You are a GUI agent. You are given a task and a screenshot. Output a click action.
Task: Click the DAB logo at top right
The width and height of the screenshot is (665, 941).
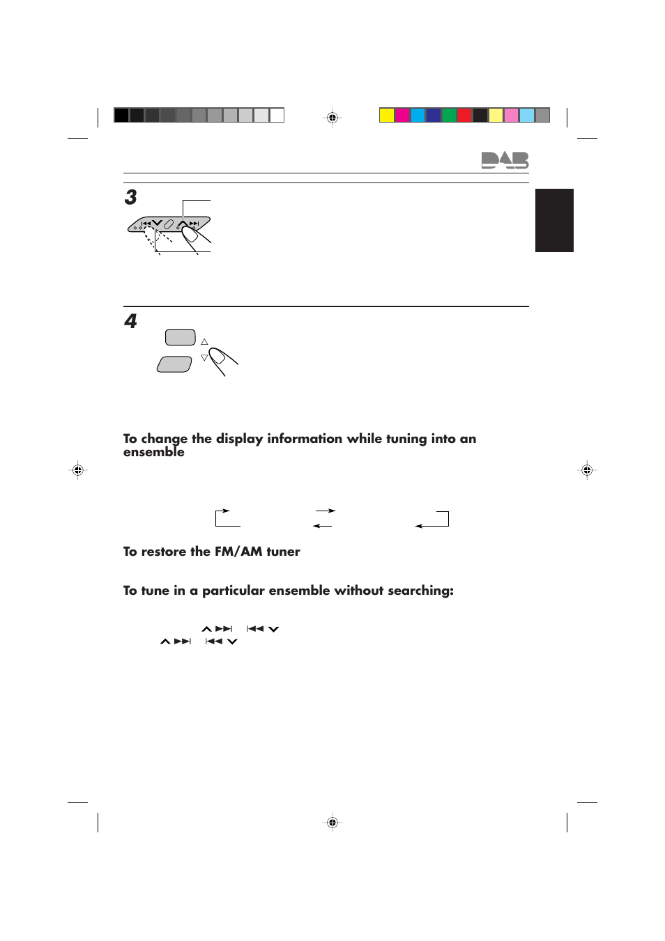pyautogui.click(x=505, y=160)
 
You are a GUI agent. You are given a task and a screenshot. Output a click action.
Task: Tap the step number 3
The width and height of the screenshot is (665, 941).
pyautogui.click(x=130, y=197)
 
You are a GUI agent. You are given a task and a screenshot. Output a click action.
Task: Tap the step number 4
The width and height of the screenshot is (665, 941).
pyautogui.click(x=130, y=321)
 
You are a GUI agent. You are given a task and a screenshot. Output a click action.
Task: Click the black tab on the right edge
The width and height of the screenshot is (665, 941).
pyautogui.click(x=554, y=220)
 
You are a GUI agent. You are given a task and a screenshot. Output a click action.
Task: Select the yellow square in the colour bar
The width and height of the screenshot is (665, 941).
pyautogui.click(x=387, y=115)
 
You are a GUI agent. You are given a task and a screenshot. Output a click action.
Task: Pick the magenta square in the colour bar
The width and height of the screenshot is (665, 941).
pyautogui.click(x=402, y=115)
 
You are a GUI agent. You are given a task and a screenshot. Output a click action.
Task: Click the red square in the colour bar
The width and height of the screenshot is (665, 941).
pyautogui.click(x=465, y=115)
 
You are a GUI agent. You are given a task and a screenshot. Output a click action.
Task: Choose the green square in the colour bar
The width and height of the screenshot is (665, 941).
pyautogui.click(x=450, y=115)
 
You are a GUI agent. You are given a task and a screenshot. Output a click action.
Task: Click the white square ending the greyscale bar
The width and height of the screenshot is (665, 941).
pyautogui.click(x=277, y=115)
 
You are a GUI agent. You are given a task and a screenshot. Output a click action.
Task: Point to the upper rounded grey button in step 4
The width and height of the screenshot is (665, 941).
pyautogui.click(x=180, y=338)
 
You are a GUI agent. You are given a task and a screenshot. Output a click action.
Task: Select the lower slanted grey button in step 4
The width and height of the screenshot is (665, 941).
pyautogui.click(x=174, y=364)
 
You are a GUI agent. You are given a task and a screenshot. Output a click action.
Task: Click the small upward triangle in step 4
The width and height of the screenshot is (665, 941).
pyautogui.click(x=204, y=342)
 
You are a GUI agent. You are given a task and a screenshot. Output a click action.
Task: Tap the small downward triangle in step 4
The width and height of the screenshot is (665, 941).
pyautogui.click(x=204, y=357)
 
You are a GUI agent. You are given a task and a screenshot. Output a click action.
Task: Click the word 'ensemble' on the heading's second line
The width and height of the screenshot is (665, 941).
pyautogui.click(x=154, y=452)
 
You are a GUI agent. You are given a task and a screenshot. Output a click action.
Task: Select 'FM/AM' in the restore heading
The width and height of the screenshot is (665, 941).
pyautogui.click(x=238, y=552)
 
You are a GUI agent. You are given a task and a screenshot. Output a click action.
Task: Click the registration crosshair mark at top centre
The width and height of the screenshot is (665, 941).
pyautogui.click(x=332, y=118)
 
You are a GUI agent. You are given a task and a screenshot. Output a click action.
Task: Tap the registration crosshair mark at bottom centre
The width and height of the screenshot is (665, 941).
pyautogui.click(x=332, y=823)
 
